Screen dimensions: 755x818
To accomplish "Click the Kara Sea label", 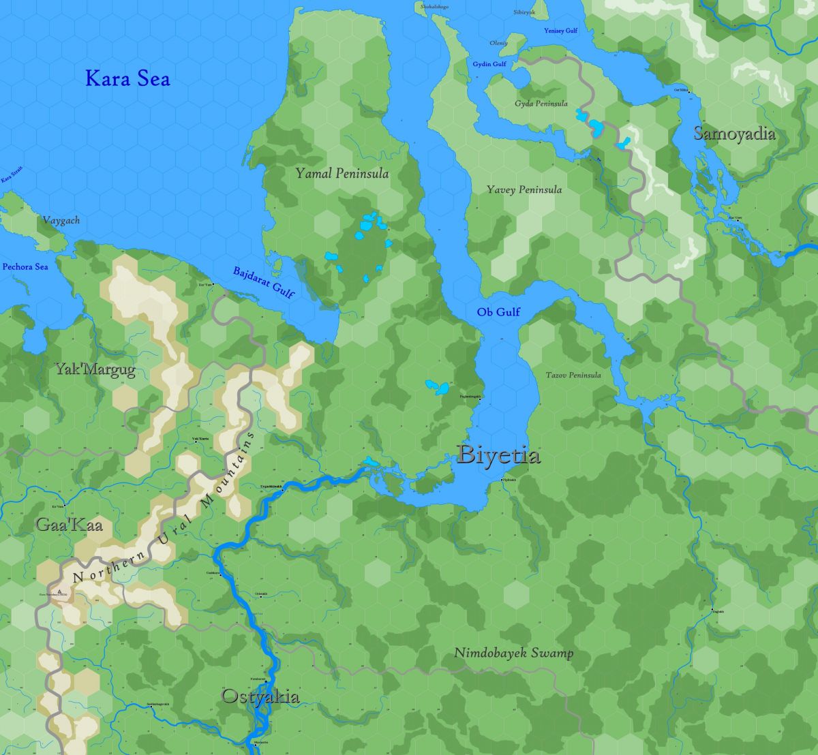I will [127, 78].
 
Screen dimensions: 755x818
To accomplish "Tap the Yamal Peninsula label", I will [342, 174].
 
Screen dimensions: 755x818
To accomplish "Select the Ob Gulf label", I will [498, 312].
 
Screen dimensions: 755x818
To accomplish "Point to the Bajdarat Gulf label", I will [263, 282].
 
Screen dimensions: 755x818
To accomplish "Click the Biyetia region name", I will [500, 454].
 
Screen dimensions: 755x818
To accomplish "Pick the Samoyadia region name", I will [734, 133].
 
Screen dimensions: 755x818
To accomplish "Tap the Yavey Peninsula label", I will [524, 189].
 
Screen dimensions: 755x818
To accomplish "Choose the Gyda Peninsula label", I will [541, 104].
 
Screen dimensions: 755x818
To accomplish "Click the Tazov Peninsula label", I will [573, 375].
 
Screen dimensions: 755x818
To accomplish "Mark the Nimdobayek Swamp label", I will [514, 653].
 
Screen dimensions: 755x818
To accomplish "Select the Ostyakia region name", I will [260, 696].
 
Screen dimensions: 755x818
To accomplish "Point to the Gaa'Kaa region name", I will [69, 525].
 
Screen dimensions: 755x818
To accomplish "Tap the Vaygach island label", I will [61, 221].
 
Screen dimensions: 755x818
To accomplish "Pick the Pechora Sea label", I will [25, 266].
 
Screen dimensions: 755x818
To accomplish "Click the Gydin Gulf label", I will [489, 64].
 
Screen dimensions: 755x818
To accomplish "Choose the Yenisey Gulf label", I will [560, 31].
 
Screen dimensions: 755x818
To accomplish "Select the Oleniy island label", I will [498, 43].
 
